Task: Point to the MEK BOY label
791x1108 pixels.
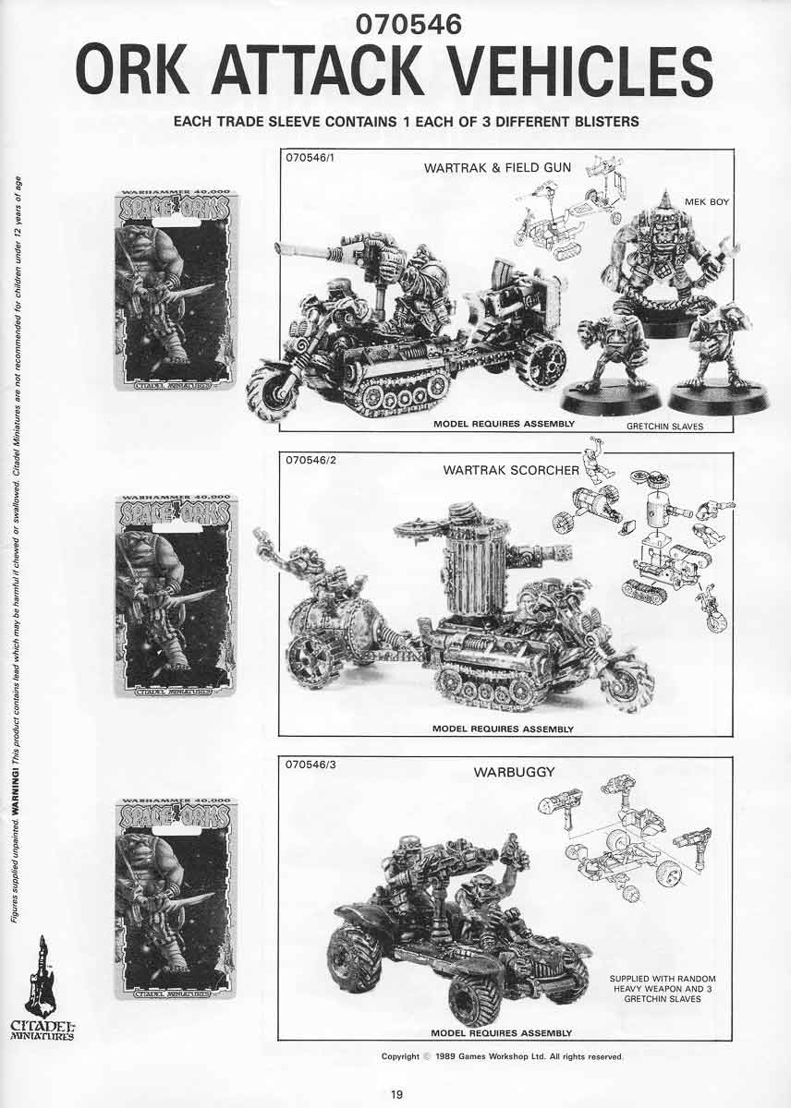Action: click(x=706, y=200)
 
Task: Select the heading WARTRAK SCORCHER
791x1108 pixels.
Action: click(x=511, y=470)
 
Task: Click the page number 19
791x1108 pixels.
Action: click(x=395, y=1094)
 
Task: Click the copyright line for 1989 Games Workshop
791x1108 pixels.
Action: click(x=503, y=1056)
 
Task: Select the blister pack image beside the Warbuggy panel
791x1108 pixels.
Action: click(x=175, y=897)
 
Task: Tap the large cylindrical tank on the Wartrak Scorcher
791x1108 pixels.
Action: click(x=473, y=559)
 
